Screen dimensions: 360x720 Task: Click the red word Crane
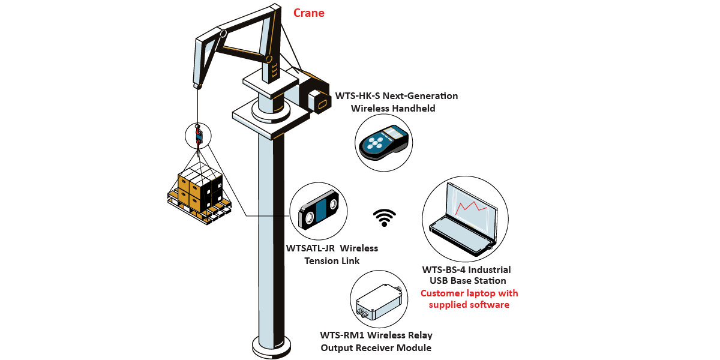pos(308,13)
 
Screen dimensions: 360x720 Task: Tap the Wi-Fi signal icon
pos(385,218)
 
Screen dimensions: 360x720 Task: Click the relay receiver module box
pos(379,300)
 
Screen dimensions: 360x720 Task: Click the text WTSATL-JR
pos(310,248)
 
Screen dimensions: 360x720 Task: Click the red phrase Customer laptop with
pos(469,293)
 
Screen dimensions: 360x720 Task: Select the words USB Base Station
pos(468,281)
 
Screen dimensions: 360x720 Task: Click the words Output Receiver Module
pos(376,347)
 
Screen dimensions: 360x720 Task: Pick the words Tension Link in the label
pos(332,260)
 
